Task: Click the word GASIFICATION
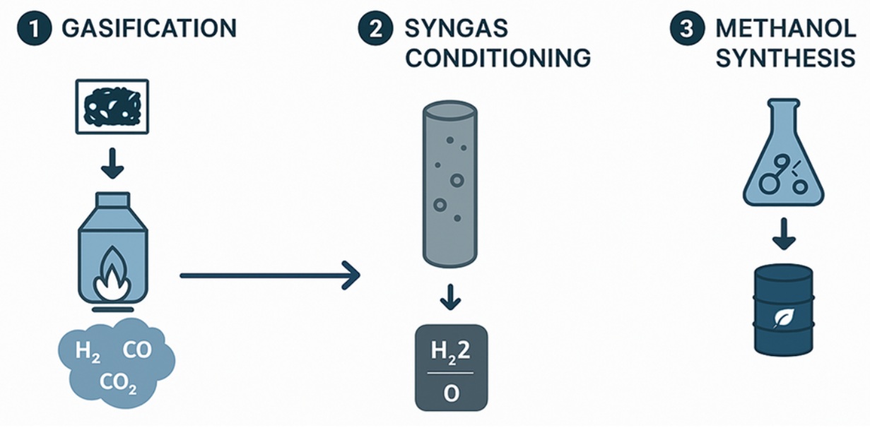149,29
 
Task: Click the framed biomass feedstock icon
112,106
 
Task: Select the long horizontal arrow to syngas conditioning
269,275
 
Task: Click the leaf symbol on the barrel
782,318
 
